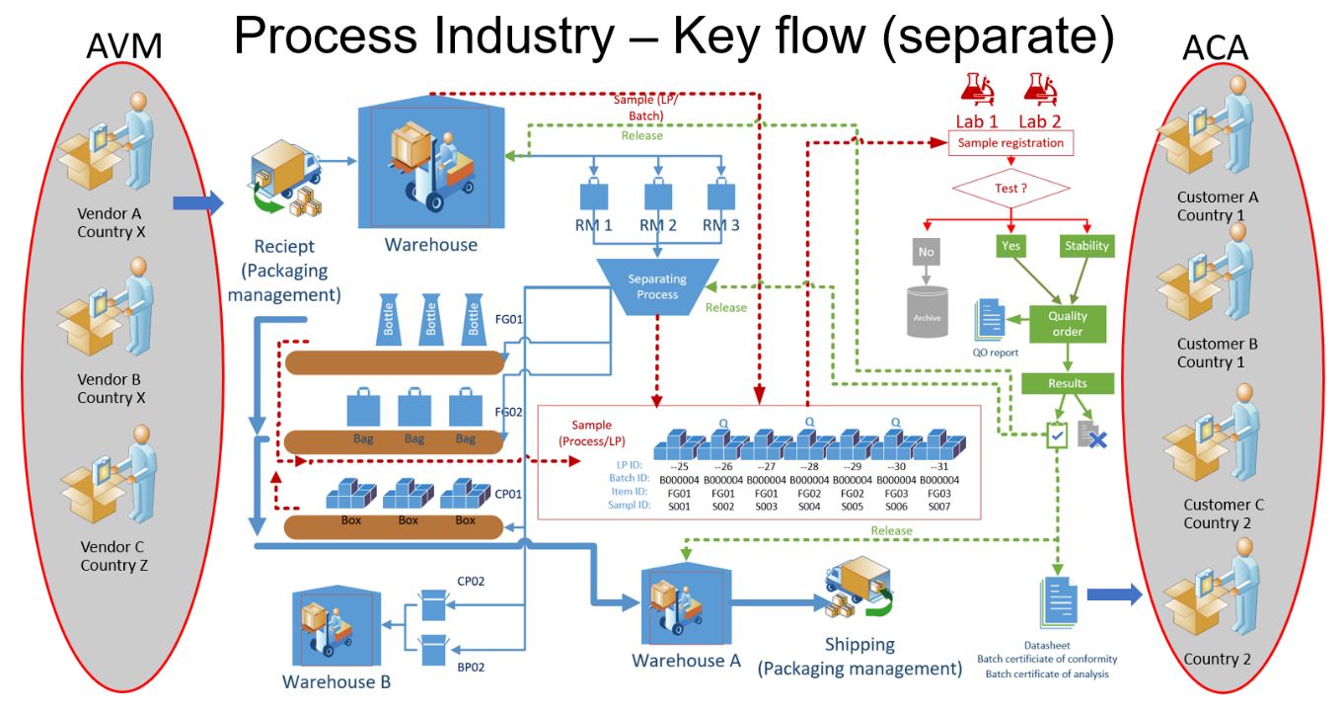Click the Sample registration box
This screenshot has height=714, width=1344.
pos(1010,143)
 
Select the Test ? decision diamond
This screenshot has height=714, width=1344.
pos(1011,188)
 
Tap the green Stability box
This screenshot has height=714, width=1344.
pos(1086,246)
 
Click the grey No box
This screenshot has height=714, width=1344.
pos(926,252)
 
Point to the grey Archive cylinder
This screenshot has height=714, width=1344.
pos(927,312)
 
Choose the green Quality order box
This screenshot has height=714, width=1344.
pos(1067,324)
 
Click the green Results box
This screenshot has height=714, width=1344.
pos(1067,383)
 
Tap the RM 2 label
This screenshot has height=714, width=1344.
pos(657,225)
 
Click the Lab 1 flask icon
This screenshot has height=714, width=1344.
pos(976,88)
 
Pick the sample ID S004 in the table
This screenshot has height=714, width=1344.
pos(809,507)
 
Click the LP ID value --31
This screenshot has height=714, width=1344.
pos(939,466)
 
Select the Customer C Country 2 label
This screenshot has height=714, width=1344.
pos(1224,514)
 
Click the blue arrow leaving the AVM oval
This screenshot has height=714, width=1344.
pos(197,203)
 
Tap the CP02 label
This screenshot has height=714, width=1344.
pos(471,582)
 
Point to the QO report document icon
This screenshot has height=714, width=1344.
pos(989,319)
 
